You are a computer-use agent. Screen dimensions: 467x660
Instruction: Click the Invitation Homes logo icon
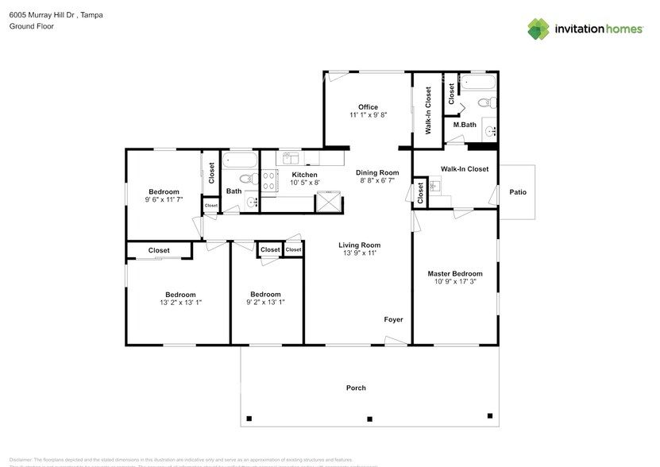(x=539, y=29)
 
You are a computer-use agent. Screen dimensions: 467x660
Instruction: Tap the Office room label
(x=368, y=107)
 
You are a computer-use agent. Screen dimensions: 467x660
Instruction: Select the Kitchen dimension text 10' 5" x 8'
(x=304, y=183)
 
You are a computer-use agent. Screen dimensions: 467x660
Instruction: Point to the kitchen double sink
(x=289, y=156)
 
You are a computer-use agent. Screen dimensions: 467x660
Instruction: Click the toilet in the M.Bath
(x=492, y=102)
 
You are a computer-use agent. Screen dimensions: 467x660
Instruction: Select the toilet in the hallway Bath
(x=246, y=179)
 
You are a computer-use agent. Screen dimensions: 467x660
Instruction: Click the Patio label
(x=518, y=192)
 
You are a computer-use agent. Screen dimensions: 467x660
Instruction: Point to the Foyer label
(x=393, y=320)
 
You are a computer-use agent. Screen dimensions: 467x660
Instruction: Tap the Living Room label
(x=360, y=245)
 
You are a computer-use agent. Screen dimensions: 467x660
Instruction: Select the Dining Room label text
(x=377, y=172)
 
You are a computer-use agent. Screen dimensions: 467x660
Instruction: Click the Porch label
(x=356, y=388)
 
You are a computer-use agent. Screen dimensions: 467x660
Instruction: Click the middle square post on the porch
(x=369, y=419)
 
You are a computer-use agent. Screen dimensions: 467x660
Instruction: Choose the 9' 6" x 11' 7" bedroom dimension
(x=164, y=200)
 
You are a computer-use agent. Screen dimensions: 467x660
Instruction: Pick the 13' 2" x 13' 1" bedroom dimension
(x=180, y=303)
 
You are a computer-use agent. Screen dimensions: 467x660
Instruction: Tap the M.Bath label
(x=465, y=125)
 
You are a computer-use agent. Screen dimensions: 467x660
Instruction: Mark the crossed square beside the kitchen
(x=327, y=200)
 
